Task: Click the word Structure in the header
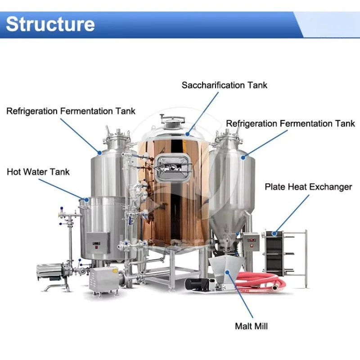(50, 23)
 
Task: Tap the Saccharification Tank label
(224, 85)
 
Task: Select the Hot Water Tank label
(38, 172)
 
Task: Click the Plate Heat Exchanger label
(308, 187)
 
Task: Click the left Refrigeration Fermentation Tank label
(71, 111)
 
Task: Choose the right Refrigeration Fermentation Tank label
(290, 123)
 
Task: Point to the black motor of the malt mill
(198, 285)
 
